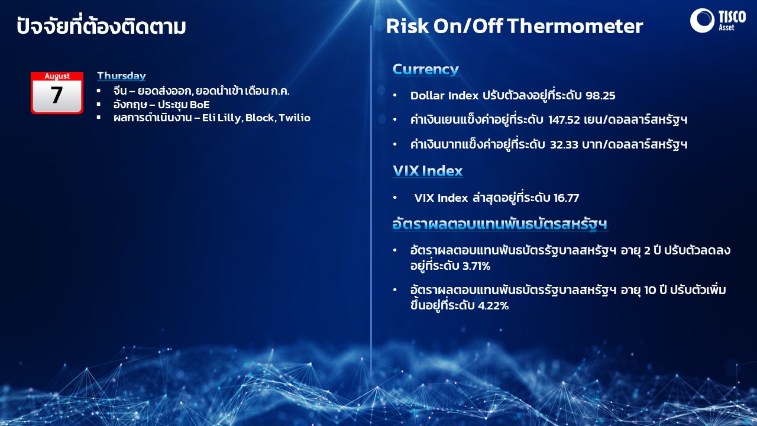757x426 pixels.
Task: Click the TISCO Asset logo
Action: pos(717,20)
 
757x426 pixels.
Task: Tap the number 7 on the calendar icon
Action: pos(57,95)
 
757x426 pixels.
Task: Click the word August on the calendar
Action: pos(57,76)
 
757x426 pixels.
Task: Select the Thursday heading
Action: pos(122,76)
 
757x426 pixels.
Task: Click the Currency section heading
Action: pos(425,69)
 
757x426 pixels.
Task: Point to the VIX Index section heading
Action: pos(428,171)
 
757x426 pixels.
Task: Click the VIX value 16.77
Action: pos(567,198)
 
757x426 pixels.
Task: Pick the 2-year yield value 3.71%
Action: pos(476,266)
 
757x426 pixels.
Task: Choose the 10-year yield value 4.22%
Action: pos(493,306)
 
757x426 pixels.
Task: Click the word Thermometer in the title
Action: pos(575,26)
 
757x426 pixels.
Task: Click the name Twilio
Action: pos(295,118)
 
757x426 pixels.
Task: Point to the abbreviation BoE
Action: pos(200,105)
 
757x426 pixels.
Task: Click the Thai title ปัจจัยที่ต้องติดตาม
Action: pos(101,25)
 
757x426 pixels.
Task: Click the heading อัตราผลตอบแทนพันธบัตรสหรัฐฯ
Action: pos(500,224)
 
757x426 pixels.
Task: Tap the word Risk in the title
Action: pos(407,26)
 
